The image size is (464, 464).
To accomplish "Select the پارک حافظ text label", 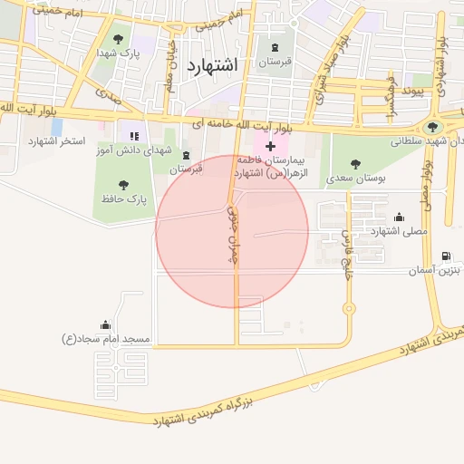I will (123, 198).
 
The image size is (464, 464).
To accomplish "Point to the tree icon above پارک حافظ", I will (123, 185).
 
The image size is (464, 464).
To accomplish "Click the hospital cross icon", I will (270, 145).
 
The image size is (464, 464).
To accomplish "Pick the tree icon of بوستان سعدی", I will (354, 165).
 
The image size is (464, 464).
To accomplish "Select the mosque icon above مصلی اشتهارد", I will (399, 217).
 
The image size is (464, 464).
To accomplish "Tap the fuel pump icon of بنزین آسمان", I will (446, 256).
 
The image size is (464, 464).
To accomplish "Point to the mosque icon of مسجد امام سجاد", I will (106, 325).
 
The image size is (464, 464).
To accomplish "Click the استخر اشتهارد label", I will (56, 141).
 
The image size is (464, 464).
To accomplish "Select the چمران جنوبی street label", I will (230, 236).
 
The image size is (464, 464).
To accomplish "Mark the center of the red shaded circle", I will (232, 231).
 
